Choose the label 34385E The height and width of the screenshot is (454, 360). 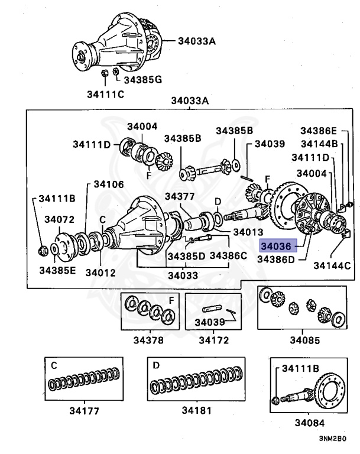click(x=57, y=271)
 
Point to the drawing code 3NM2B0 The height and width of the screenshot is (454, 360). click(x=333, y=439)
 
